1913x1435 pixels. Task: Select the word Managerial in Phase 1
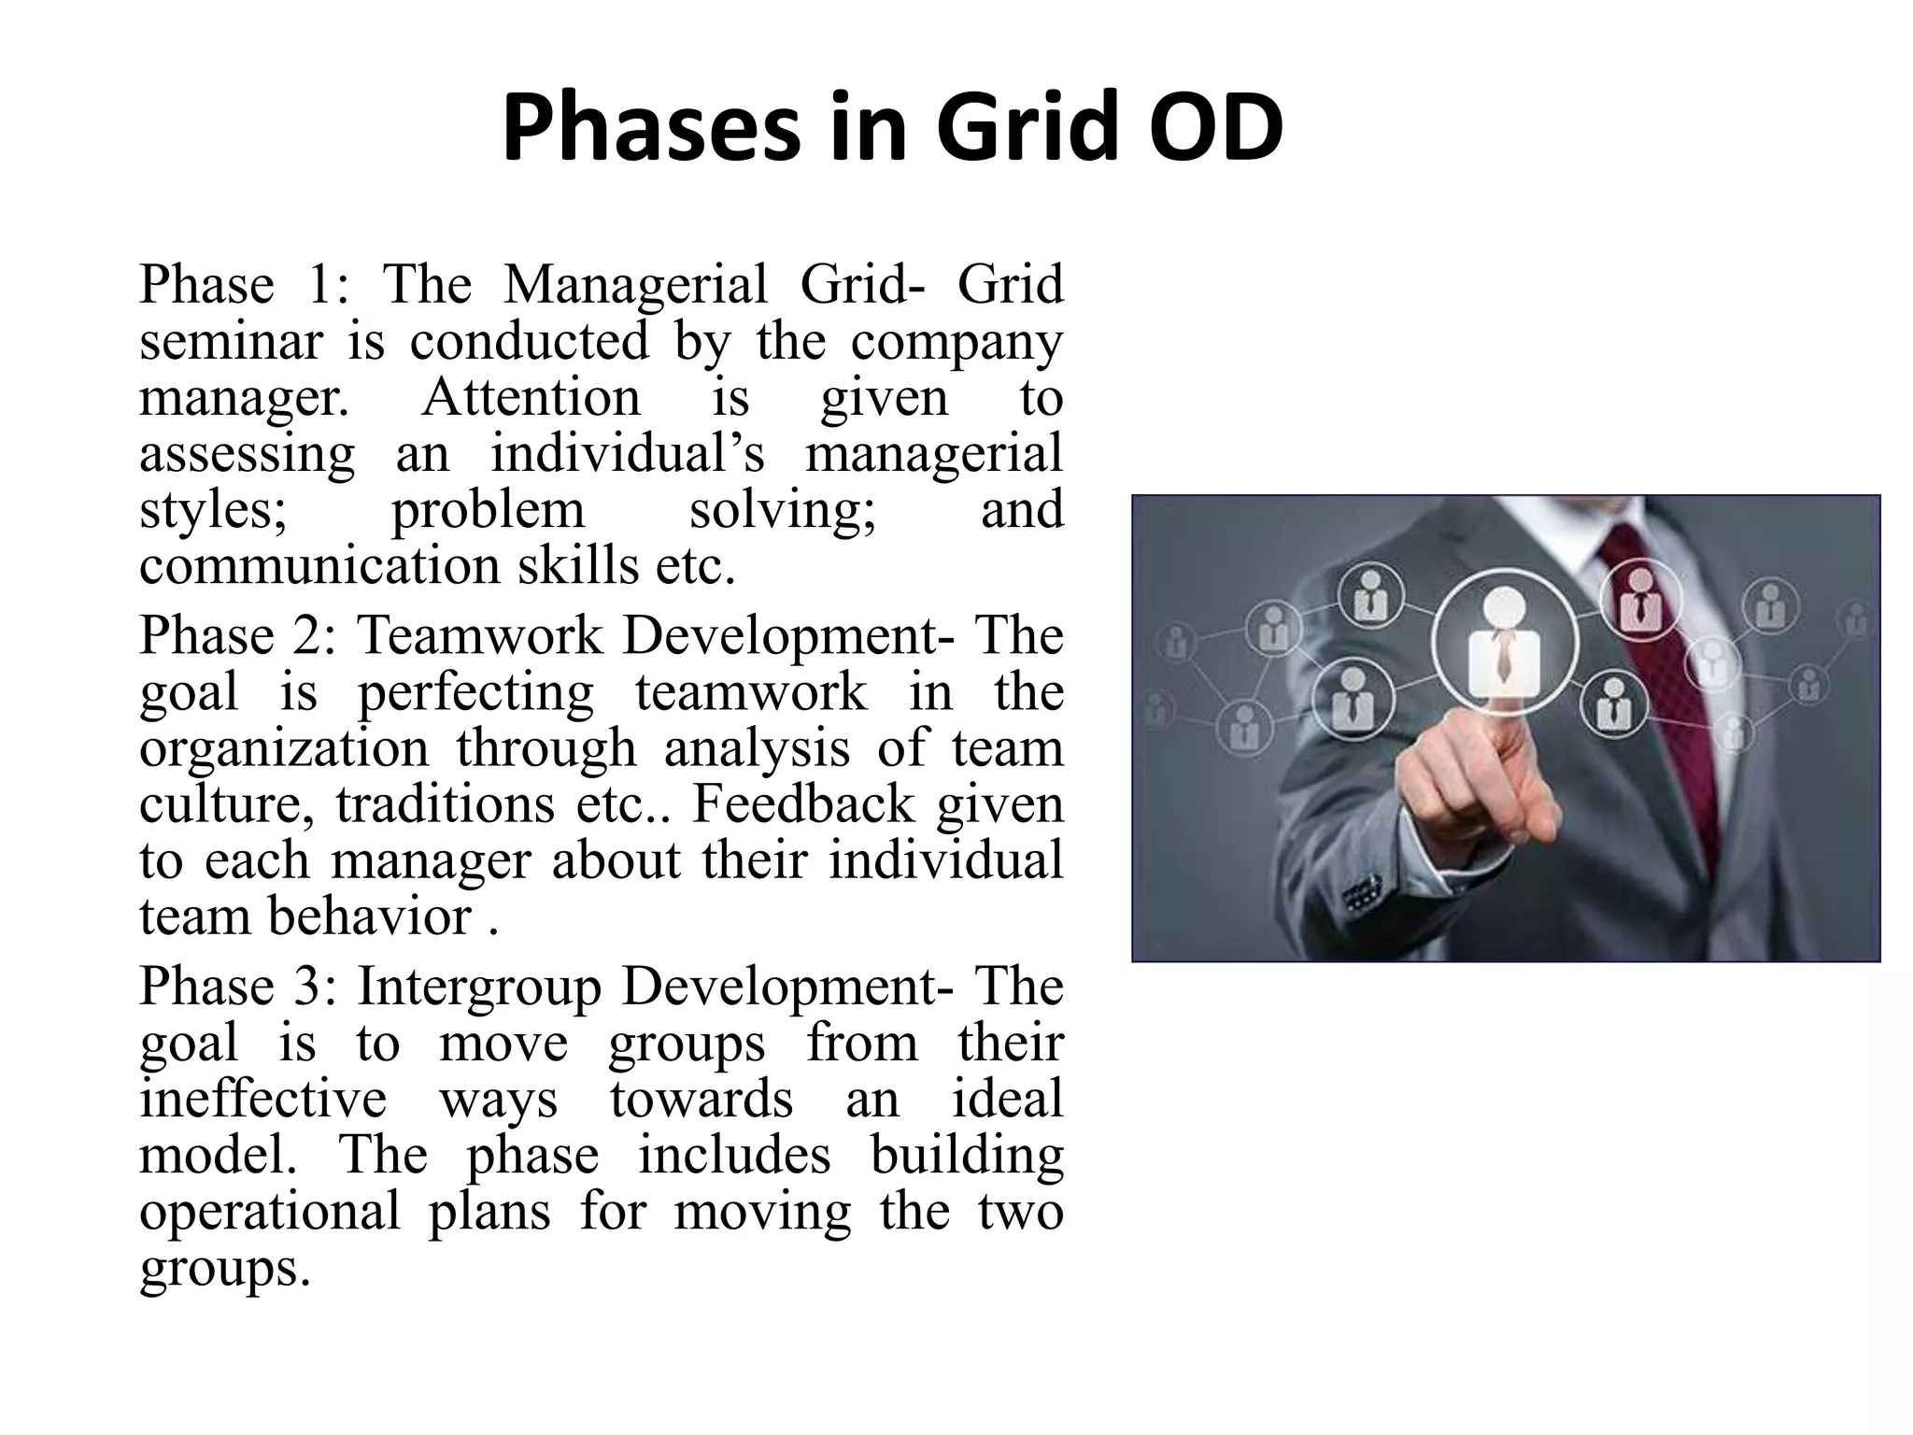pyautogui.click(x=635, y=284)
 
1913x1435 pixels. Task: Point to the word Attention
pyautogui.click(x=531, y=397)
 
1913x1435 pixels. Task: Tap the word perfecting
pyautogui.click(x=475, y=693)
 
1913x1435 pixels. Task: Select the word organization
pyautogui.click(x=284, y=749)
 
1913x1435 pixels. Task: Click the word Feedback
pyautogui.click(x=802, y=805)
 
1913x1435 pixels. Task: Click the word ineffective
pyautogui.click(x=262, y=1100)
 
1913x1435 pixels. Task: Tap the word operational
pyautogui.click(x=270, y=1212)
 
